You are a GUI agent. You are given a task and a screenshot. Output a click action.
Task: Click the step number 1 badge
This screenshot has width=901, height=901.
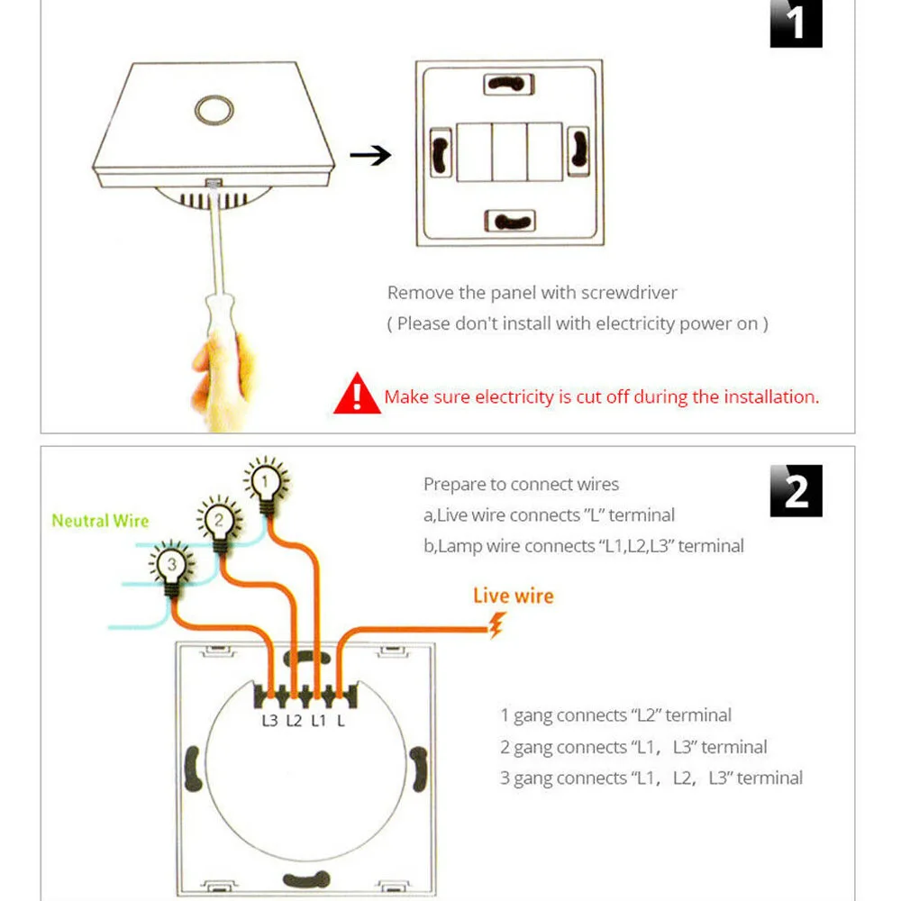point(796,23)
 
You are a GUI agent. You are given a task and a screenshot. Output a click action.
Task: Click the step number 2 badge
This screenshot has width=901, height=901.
point(796,491)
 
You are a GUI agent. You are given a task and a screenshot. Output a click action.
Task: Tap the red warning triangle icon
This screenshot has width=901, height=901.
point(357,394)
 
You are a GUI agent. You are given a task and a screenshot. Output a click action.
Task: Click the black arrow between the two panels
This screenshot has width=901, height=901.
point(370,155)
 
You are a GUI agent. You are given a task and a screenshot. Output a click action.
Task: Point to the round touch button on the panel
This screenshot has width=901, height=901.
point(214,110)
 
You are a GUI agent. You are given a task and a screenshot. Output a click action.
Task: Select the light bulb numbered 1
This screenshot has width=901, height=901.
point(266,487)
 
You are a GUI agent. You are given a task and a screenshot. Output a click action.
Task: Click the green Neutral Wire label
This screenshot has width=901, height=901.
point(101,521)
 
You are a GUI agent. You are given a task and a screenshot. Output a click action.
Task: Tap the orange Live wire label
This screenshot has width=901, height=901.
point(514,596)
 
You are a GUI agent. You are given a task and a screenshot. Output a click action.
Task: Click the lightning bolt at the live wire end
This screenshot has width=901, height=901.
point(496,625)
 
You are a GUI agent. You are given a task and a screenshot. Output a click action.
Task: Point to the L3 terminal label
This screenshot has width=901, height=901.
point(269,721)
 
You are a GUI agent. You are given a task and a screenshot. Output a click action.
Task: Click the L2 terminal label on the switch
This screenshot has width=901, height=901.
point(295,721)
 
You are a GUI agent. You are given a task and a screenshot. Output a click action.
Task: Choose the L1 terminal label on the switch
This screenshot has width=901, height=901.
point(318,721)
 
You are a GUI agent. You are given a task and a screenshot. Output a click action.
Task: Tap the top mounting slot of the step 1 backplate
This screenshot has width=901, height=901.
point(509,85)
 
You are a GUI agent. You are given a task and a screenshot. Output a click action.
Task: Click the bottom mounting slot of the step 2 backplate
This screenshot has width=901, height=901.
point(307,879)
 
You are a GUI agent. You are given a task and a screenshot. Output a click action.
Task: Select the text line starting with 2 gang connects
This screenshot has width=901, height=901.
point(633,747)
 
